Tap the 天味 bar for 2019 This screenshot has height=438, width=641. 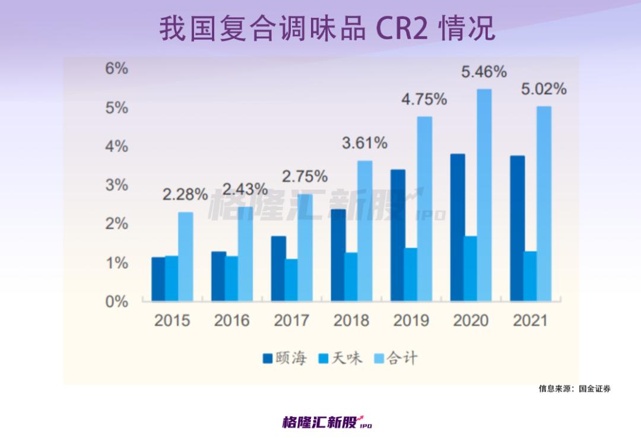click(411, 274)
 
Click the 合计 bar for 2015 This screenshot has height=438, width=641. click(186, 256)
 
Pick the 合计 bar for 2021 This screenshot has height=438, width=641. click(544, 204)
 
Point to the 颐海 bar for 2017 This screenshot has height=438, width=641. click(278, 268)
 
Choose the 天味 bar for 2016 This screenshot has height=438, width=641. click(231, 278)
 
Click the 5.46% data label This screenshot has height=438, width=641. click(484, 72)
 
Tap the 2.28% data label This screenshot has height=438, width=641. click(186, 195)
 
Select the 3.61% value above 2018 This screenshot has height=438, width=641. click(365, 143)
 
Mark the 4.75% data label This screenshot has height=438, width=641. click(424, 99)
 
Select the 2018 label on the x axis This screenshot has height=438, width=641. click(351, 321)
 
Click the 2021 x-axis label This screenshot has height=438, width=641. click(530, 321)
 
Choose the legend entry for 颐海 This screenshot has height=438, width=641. click(285, 358)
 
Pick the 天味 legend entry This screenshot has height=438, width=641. click(341, 358)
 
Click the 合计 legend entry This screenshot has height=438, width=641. click(396, 358)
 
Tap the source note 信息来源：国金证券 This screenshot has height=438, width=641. click(574, 389)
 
